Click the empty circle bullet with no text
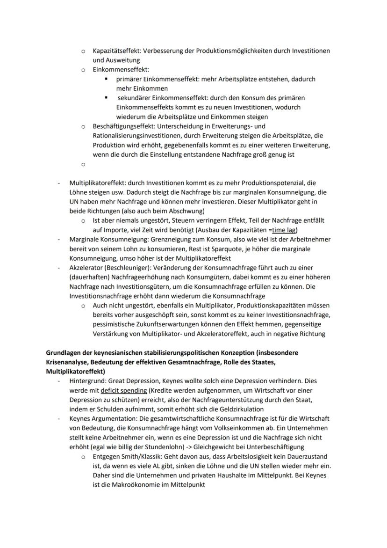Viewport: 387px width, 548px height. [82, 164]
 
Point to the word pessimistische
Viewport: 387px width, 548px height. [115, 324]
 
